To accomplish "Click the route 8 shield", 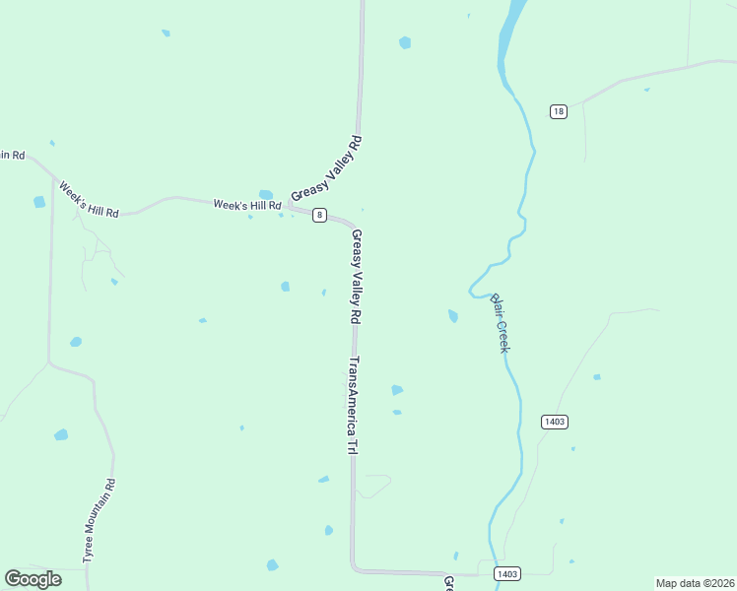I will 318,215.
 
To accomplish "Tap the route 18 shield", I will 559,111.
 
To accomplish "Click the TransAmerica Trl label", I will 351,405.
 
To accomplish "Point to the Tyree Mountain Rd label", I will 100,520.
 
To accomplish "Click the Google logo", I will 33,579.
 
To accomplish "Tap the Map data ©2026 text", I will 695,583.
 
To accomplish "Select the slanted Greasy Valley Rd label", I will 327,169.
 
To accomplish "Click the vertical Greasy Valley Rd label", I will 357,277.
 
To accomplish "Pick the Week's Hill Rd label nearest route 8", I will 247,205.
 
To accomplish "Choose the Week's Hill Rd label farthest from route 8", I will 88,199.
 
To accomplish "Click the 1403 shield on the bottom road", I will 507,573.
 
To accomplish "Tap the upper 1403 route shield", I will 555,422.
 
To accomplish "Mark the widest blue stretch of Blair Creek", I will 509,30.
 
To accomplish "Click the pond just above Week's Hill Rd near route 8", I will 265,194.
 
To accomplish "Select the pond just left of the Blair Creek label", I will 453,316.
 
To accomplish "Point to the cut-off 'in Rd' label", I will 12,155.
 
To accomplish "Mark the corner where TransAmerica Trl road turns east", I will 354,568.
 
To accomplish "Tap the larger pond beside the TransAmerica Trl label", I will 397,390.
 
